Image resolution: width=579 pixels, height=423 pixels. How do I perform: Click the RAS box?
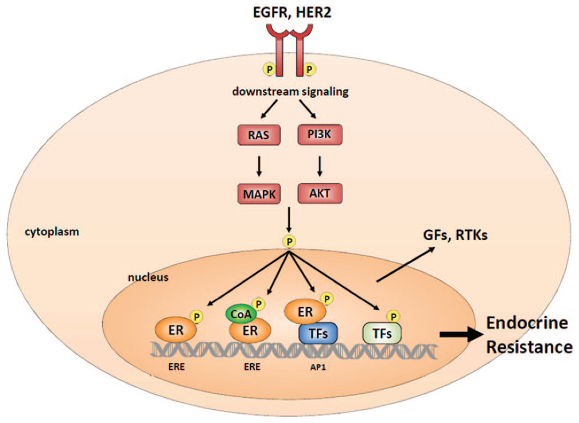258,135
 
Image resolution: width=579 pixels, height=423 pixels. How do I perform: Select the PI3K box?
320,135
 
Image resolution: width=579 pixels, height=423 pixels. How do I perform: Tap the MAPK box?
259,194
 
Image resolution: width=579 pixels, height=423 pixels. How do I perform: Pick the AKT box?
320,193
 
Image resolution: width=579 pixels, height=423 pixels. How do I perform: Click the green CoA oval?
241,314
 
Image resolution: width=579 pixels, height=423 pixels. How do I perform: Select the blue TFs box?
318,334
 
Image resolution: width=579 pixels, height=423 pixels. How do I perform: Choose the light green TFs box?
382,334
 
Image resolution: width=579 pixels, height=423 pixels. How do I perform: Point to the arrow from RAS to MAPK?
259,166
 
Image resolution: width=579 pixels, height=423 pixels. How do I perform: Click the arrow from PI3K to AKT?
320,166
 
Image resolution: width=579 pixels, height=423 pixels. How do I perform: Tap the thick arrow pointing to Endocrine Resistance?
461,335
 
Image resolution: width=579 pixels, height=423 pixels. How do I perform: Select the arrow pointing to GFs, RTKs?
406,265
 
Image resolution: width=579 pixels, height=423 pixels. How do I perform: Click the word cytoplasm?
52,232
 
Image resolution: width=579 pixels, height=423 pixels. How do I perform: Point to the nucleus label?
148,277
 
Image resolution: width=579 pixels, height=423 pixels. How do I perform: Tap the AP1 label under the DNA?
318,367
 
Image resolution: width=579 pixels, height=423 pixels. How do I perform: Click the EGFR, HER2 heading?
292,11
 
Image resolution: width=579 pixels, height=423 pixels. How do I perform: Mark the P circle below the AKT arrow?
289,241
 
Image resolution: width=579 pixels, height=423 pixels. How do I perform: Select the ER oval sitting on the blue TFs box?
305,312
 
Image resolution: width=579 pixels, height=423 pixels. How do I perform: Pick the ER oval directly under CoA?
250,331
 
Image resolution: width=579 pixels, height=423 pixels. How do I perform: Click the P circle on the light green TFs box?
393,317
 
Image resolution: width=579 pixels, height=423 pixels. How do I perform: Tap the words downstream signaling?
290,92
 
